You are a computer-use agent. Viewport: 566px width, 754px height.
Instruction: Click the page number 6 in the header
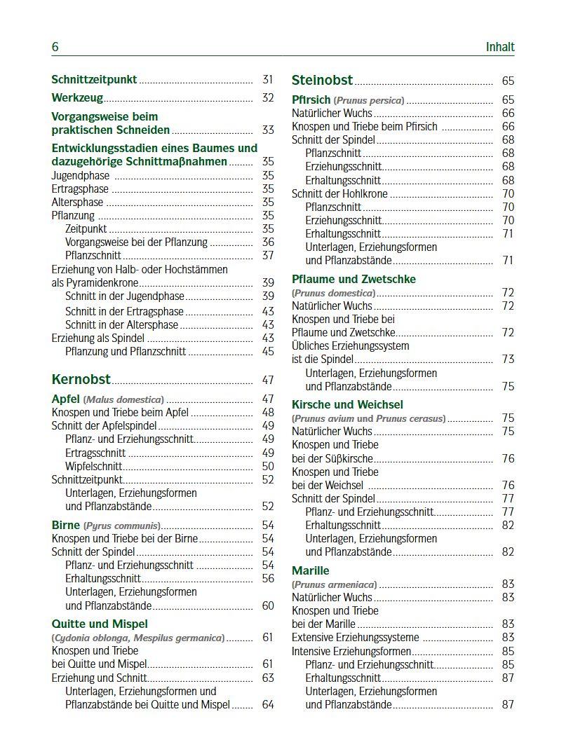(55, 47)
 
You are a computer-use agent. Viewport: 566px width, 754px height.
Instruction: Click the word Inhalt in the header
(499, 47)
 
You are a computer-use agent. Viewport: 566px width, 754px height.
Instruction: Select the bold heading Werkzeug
(77, 98)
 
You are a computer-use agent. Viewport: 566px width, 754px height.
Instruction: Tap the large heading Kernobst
(81, 380)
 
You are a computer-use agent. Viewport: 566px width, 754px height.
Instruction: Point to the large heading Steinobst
(322, 81)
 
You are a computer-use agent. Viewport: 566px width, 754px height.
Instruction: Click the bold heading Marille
(310, 570)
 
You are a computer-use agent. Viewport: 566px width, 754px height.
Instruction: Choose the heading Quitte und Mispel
(100, 624)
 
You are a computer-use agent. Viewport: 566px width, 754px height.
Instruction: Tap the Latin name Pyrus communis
(121, 526)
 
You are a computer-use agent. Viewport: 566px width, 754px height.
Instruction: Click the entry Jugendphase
(81, 176)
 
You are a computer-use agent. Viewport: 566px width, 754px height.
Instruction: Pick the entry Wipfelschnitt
(93, 466)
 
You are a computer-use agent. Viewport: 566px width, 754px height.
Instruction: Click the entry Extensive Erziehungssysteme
(355, 638)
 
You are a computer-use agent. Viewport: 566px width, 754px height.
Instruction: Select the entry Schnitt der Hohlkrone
(339, 193)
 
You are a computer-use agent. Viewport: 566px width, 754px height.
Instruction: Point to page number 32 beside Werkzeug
(268, 98)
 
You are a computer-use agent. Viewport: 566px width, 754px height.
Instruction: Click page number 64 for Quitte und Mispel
(268, 704)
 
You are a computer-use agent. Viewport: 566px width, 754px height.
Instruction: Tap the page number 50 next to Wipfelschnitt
(268, 466)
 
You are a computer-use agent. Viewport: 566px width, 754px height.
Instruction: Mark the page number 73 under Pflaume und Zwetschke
(508, 359)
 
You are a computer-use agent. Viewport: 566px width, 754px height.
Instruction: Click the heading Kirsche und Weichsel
(347, 404)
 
